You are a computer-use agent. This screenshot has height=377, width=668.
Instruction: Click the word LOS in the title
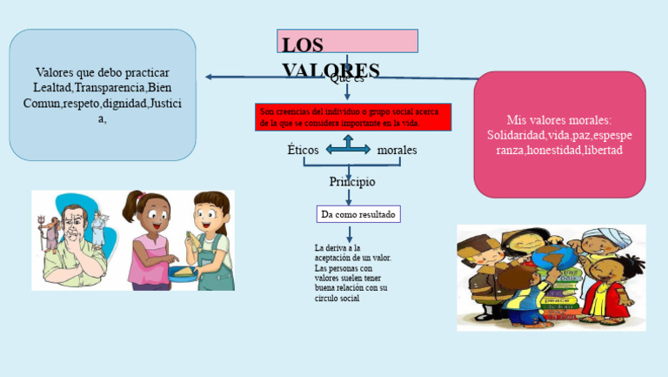pos(303,44)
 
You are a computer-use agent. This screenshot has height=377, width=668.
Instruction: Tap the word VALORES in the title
pos(331,70)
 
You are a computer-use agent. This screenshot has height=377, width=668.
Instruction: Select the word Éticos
pos(303,151)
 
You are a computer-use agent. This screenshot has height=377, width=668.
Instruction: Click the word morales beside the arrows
pos(397,151)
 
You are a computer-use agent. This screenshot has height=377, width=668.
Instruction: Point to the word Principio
pos(352,182)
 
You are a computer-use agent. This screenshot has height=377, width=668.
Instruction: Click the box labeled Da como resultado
pos(358,214)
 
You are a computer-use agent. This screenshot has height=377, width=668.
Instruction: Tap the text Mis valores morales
pos(559,120)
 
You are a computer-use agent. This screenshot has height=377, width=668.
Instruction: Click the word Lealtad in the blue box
pos(53,88)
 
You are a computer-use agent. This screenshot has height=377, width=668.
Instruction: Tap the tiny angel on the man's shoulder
pos(98,228)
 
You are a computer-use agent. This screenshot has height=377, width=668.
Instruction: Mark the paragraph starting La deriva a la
pos(352,273)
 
